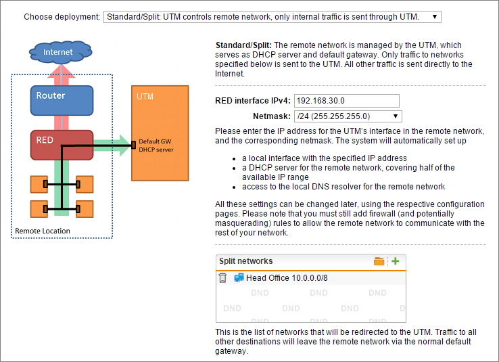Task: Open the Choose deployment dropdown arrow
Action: pos(434,16)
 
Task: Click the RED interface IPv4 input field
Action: pos(347,101)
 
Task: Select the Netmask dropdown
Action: pos(348,116)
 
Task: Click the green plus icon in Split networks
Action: pos(396,261)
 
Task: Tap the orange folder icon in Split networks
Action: pos(379,261)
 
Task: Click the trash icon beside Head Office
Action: pos(222,278)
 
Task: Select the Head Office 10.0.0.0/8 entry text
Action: pos(287,278)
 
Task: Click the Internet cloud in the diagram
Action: pos(60,52)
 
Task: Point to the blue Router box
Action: pos(62,100)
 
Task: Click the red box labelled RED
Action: pos(62,145)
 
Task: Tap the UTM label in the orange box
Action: pos(145,97)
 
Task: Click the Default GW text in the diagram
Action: pos(155,141)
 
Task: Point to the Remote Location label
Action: pos(43,231)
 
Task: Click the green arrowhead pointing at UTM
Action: pos(125,145)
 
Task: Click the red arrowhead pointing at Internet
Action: pos(61,71)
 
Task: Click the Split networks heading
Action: pos(245,261)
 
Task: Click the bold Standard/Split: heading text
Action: pos(243,45)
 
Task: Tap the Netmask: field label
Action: pos(272,116)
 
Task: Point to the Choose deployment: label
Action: pos(62,16)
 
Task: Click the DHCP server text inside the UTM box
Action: pos(156,150)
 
